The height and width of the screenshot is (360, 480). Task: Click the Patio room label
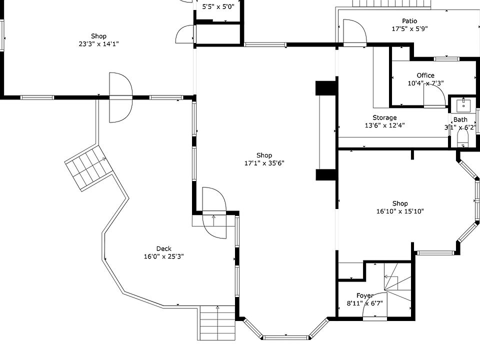point(409,21)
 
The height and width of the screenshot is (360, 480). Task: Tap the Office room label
point(425,75)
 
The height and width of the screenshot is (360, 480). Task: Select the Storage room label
point(384,118)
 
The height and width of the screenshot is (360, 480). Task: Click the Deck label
point(164,249)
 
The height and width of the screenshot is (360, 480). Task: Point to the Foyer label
point(365,296)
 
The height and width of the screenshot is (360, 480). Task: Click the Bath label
point(460,120)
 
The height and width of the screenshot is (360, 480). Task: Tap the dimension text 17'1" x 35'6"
point(264,163)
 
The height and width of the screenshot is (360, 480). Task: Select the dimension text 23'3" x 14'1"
point(98,44)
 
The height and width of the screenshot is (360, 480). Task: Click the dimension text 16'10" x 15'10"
point(400,211)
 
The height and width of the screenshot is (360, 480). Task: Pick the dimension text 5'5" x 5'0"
point(218,7)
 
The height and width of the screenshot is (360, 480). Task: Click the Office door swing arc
point(433,94)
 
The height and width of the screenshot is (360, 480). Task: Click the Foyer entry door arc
point(373,311)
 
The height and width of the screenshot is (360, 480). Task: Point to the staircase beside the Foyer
point(398,284)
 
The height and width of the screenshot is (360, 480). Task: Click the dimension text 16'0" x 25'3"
point(164,257)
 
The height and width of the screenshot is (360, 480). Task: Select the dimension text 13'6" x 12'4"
point(384,126)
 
